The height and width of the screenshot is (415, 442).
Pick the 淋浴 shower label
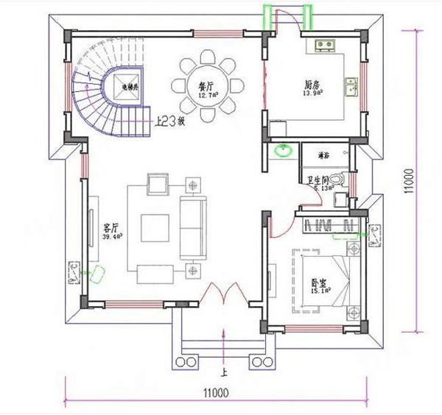point(323,155)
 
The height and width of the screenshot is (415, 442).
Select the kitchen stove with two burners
point(324,46)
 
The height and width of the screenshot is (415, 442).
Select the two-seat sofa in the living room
point(193,223)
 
